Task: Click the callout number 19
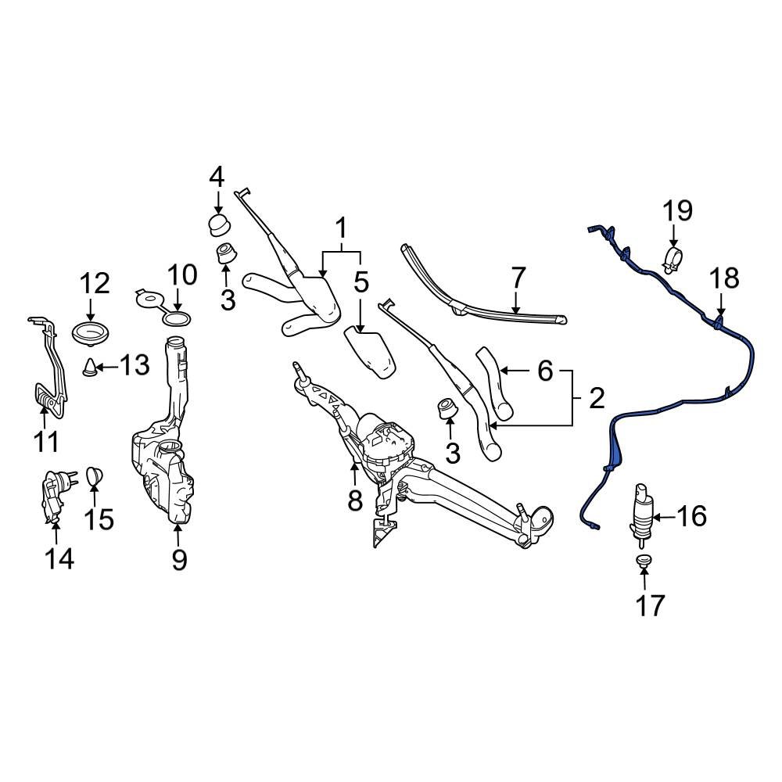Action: point(678,210)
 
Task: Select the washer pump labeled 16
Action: point(639,513)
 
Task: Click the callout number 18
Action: point(723,278)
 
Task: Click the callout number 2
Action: point(597,400)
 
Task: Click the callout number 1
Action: point(341,229)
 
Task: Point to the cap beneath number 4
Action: point(218,224)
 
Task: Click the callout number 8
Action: point(355,500)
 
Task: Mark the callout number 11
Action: point(46,442)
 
